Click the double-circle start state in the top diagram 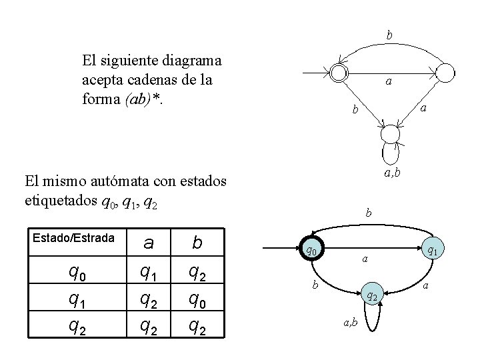coord(339,71)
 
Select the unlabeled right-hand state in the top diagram coord(446,71)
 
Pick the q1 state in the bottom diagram coord(432,251)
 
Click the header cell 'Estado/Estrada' coord(73,237)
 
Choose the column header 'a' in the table coord(149,243)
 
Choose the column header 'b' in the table coord(197,243)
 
